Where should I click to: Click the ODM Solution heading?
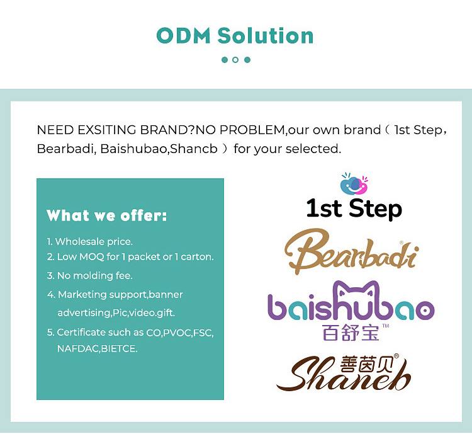point(235,35)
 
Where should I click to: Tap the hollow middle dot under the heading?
point(235,60)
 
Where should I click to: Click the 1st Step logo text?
point(354,208)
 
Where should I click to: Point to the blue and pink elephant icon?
point(354,184)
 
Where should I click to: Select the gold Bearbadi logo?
point(351,253)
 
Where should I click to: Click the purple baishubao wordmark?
point(351,309)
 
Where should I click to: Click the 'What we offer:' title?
point(107,216)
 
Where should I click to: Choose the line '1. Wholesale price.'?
point(89,241)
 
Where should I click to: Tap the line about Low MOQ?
point(130,257)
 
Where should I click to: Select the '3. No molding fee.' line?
point(89,275)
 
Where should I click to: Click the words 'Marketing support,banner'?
point(120,294)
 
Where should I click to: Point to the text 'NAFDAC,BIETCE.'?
point(97,348)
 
